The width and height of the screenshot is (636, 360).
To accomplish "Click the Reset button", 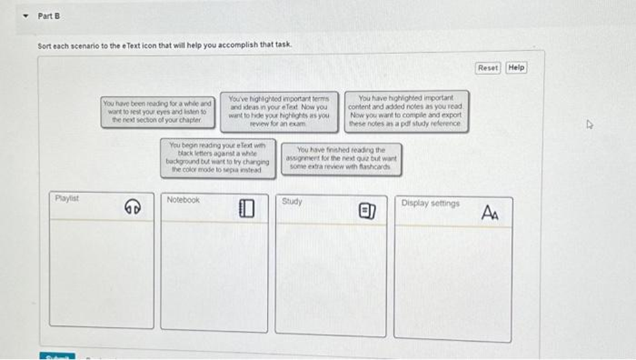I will click(x=488, y=68).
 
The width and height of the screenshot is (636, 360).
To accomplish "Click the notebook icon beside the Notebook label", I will click(x=245, y=209).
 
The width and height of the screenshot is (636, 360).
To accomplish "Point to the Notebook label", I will click(x=183, y=200).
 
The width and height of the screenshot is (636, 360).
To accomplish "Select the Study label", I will click(x=292, y=201).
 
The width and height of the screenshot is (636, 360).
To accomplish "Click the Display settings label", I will click(x=430, y=203).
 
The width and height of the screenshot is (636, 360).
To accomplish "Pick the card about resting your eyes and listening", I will click(x=157, y=112).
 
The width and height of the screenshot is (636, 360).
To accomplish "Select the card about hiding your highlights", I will click(x=279, y=110).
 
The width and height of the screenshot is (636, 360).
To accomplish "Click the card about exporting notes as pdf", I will click(x=406, y=111).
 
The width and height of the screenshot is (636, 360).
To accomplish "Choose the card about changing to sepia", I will click(x=218, y=157).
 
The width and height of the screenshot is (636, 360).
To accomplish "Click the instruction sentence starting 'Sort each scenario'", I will click(x=165, y=44).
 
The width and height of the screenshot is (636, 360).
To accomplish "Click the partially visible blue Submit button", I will click(x=57, y=356).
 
